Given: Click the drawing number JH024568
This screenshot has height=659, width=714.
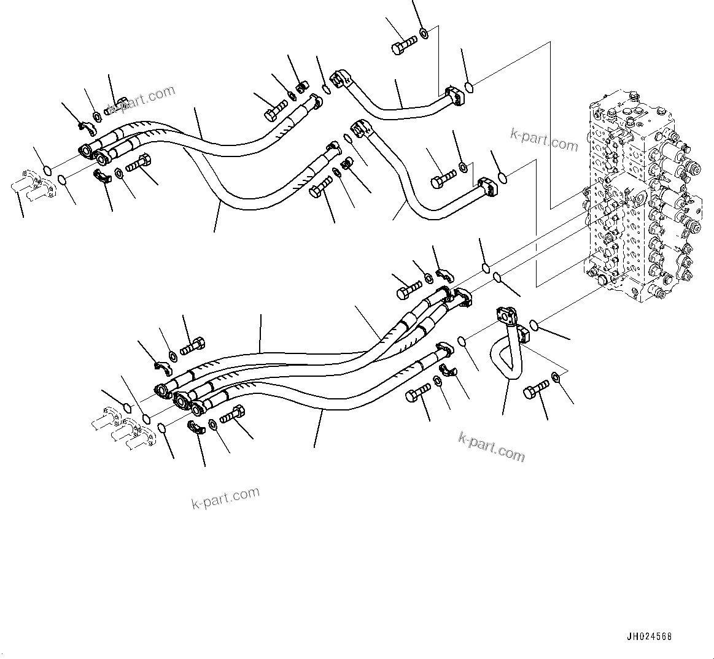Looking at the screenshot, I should (649, 636).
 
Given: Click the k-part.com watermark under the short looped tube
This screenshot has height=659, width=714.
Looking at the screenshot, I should (492, 446).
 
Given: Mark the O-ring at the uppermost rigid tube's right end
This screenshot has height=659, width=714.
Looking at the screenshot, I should (469, 87).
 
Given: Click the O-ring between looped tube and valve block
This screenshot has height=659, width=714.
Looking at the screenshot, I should (534, 324).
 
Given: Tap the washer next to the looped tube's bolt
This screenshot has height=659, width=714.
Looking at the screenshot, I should (555, 377).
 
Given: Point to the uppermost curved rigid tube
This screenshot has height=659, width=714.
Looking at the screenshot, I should (393, 110).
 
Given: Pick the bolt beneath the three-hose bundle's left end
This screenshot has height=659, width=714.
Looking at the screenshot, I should (232, 415).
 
